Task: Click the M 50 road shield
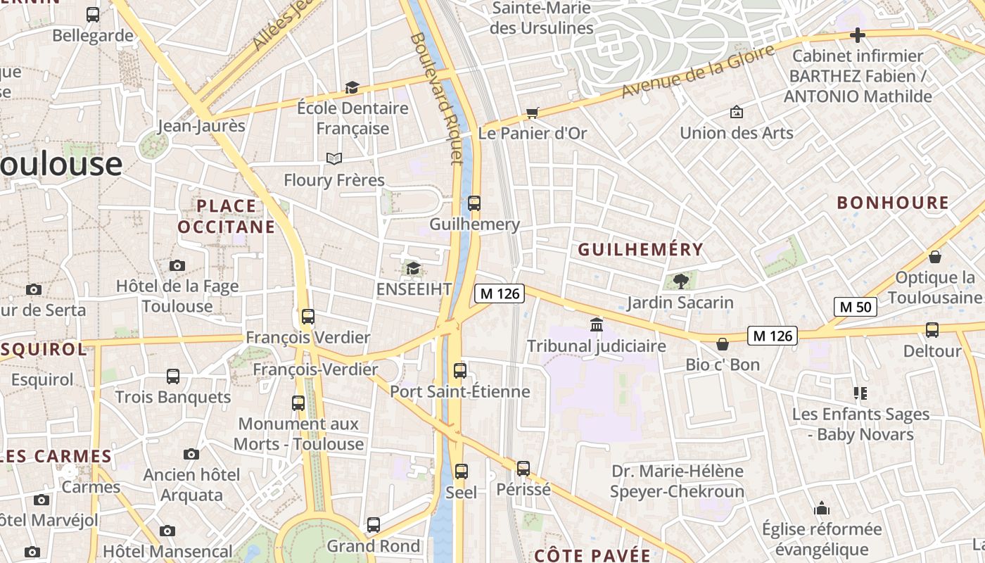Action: pos(856,307)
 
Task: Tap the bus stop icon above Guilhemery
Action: pos(474,203)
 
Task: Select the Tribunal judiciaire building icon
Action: pos(597,324)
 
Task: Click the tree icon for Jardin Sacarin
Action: pos(680,281)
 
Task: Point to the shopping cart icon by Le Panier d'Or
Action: pos(533,113)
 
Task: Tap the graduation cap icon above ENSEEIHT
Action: pos(413,268)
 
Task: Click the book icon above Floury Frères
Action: pos(334,158)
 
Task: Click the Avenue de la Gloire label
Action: pos(698,71)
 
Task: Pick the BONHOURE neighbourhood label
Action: pos(893,203)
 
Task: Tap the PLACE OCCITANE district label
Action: pos(227,216)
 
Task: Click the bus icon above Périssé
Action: pos(523,468)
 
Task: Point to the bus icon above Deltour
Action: pos(932,329)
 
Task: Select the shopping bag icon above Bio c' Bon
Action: pos(723,344)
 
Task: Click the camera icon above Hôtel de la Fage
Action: pos(177,265)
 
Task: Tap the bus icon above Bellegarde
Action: pos(93,14)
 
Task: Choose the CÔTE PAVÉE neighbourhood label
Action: pos(592,555)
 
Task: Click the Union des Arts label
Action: pos(736,132)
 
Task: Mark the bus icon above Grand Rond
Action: pos(374,524)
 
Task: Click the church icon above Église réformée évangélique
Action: pos(822,508)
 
